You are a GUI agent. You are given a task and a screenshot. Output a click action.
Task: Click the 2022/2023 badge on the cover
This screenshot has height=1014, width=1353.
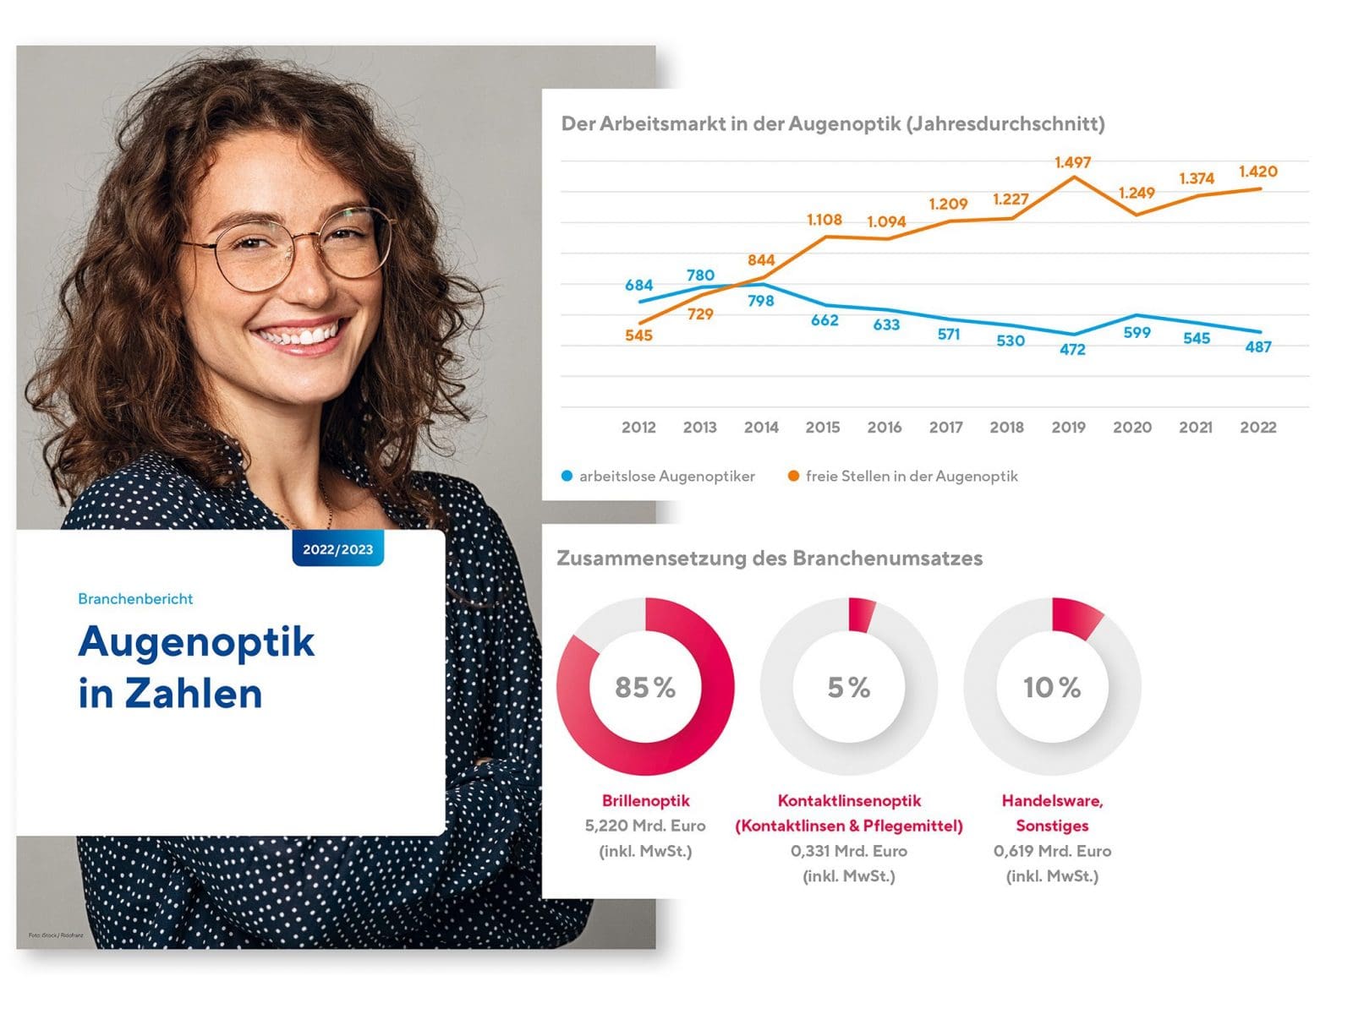pyautogui.click(x=337, y=549)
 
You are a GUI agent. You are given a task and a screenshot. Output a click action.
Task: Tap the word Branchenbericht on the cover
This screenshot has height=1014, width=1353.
pyautogui.click(x=135, y=598)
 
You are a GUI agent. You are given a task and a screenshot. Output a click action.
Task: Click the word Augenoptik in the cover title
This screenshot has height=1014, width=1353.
pyautogui.click(x=196, y=641)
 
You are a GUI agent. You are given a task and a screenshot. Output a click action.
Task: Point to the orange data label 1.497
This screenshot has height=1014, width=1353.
pyautogui.click(x=1072, y=161)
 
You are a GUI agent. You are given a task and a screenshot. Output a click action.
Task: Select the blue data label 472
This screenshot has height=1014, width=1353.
pyautogui.click(x=1072, y=349)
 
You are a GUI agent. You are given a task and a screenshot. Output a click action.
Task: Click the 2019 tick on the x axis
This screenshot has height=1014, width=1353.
pyautogui.click(x=1068, y=427)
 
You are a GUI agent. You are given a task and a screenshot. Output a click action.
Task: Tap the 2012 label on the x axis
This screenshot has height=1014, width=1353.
pyautogui.click(x=638, y=427)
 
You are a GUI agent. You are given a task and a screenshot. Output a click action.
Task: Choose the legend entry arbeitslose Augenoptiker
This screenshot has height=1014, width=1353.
pyautogui.click(x=666, y=476)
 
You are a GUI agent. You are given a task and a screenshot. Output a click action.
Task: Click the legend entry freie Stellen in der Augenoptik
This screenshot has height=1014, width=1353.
pyautogui.click(x=911, y=476)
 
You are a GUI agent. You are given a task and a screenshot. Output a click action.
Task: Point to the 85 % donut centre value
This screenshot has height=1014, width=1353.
pyautogui.click(x=645, y=687)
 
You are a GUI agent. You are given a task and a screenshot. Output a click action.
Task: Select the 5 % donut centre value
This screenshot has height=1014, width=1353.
pyautogui.click(x=849, y=687)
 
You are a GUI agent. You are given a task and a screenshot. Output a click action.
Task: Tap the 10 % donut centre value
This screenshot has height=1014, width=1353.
pyautogui.click(x=1052, y=687)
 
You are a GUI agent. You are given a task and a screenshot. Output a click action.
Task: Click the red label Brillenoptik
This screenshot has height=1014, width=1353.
pyautogui.click(x=645, y=800)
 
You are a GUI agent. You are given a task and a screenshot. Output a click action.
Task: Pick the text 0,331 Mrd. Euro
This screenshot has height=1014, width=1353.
pyautogui.click(x=849, y=851)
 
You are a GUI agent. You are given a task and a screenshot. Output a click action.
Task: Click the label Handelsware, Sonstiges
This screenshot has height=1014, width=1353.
pyautogui.click(x=1052, y=813)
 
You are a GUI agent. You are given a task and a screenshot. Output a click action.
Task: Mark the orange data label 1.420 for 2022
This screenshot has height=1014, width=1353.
pyautogui.click(x=1257, y=172)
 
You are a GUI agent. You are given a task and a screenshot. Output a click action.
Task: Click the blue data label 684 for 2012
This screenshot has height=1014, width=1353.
pyautogui.click(x=638, y=286)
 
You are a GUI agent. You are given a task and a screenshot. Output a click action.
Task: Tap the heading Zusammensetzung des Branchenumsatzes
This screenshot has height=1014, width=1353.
pyautogui.click(x=770, y=559)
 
